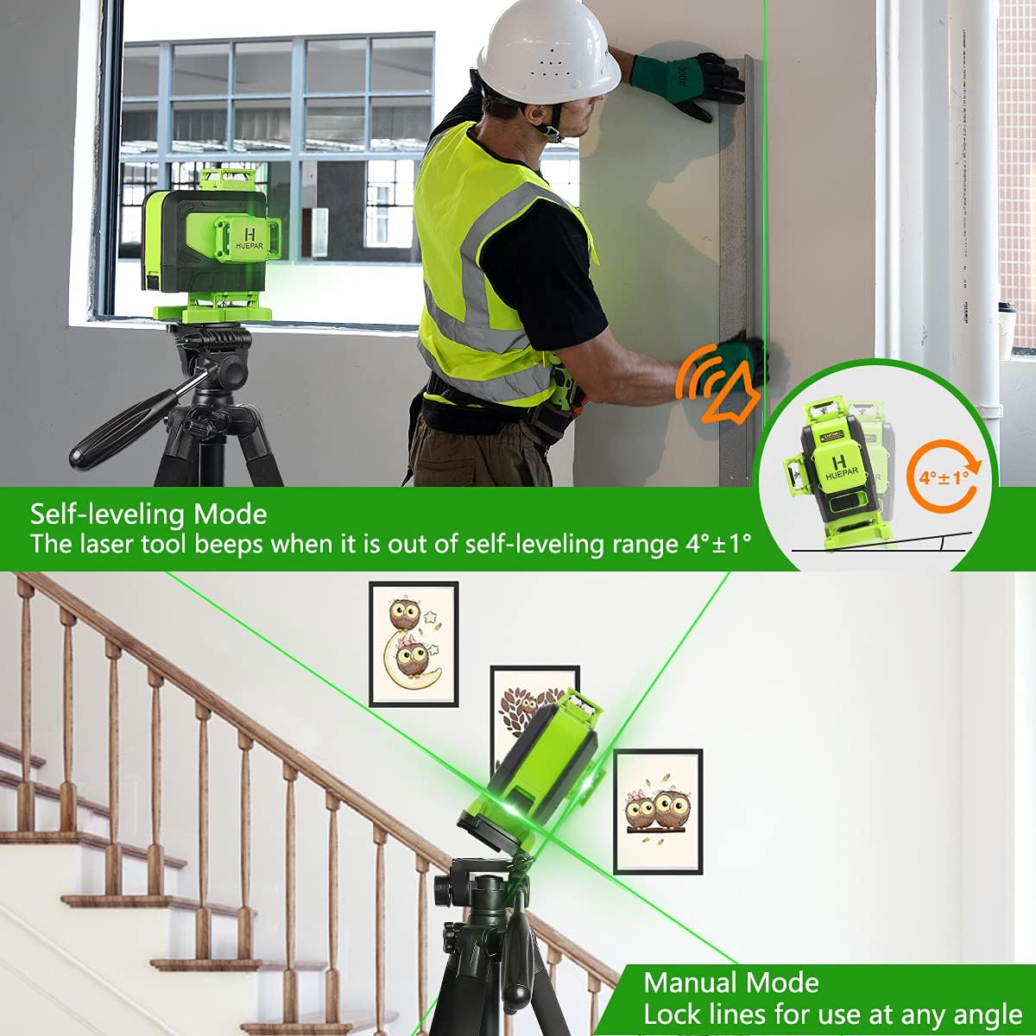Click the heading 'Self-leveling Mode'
pyautogui.click(x=148, y=515)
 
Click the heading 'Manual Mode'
pyautogui.click(x=731, y=982)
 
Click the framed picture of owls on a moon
pyautogui.click(x=414, y=643)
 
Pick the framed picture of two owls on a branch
pyautogui.click(x=658, y=812)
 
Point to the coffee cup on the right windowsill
pyautogui.click(x=1007, y=328)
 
